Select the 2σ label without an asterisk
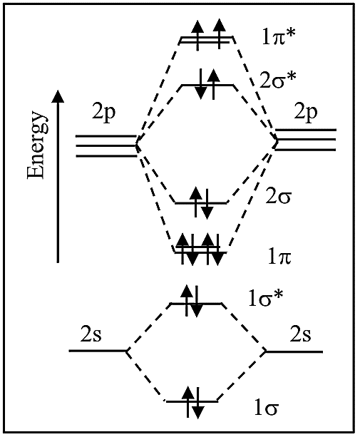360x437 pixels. [x=278, y=197]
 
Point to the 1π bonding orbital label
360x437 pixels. [x=279, y=257]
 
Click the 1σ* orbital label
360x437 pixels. [x=266, y=298]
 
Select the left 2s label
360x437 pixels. [x=91, y=334]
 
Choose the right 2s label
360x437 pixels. [x=300, y=334]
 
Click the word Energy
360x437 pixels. [x=36, y=145]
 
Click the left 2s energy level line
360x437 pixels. [x=98, y=351]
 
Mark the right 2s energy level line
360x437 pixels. [x=294, y=351]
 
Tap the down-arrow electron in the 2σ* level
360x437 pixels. [x=200, y=84]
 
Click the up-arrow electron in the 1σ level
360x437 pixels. [x=189, y=402]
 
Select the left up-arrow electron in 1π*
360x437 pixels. [x=198, y=35]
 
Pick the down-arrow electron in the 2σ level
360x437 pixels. [x=207, y=204]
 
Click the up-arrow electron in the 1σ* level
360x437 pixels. [x=187, y=300]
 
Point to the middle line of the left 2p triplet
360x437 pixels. [x=106, y=145]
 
